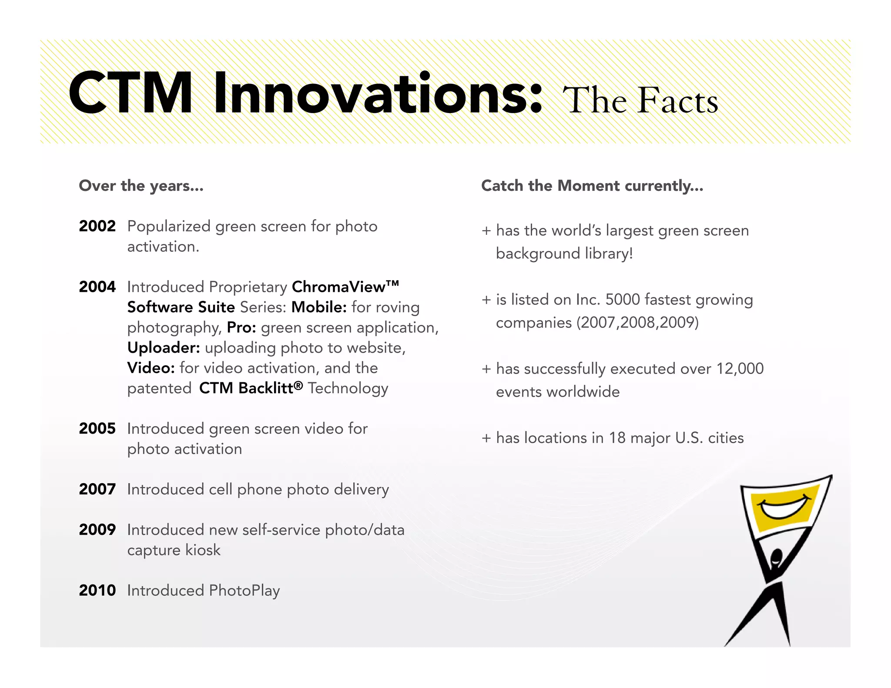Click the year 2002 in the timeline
point(97,226)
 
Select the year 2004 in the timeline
point(97,287)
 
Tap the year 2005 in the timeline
point(97,429)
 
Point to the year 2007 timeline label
point(97,489)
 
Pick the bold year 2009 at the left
point(97,530)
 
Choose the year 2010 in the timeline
point(97,591)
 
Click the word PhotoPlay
point(244,591)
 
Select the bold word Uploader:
point(164,348)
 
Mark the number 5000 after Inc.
point(623,300)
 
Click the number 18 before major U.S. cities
point(617,438)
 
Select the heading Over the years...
point(141,186)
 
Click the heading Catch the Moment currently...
point(592,186)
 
